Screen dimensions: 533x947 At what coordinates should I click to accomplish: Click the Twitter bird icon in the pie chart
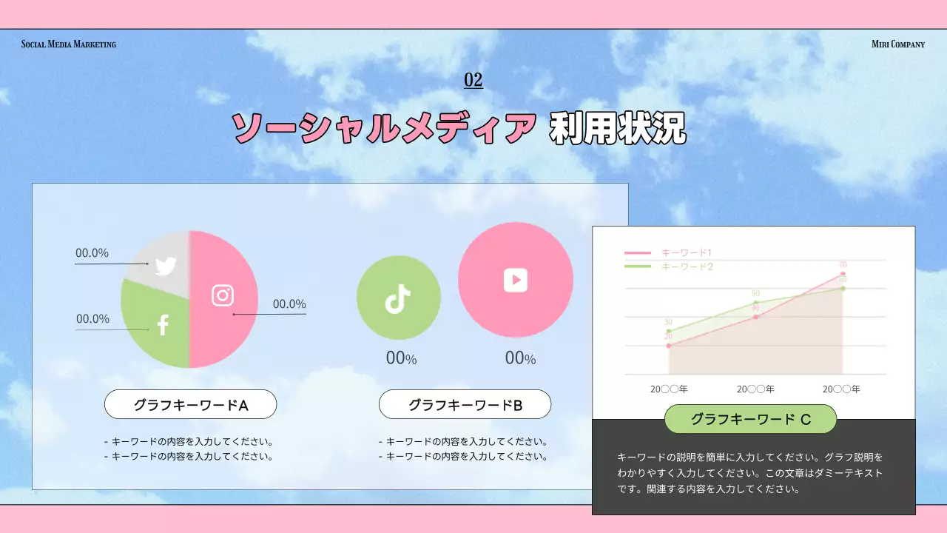point(166,266)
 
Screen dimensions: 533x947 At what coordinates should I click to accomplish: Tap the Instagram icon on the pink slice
point(223,295)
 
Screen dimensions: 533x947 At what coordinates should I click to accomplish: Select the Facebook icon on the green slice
point(163,324)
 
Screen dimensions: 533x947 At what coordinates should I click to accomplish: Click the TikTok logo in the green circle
point(398,298)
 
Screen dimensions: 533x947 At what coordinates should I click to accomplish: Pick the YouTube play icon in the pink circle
point(516,279)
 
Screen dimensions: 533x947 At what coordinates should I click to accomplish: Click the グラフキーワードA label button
point(190,405)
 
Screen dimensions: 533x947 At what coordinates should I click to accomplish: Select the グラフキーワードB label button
point(465,405)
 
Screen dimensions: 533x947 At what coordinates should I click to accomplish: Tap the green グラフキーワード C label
point(750,420)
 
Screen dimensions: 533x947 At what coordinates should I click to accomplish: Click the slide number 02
point(473,80)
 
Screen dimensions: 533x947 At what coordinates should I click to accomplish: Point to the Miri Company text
point(898,44)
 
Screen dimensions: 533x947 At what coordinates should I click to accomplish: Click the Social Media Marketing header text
point(69,44)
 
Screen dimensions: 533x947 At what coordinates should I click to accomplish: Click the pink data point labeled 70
point(843,275)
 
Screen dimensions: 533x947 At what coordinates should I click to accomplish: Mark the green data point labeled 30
point(669,331)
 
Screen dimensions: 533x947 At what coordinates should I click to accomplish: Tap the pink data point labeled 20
point(669,346)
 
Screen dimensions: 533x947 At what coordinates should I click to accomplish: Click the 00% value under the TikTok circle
point(401,358)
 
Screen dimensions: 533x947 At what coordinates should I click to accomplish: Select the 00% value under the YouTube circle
point(520,358)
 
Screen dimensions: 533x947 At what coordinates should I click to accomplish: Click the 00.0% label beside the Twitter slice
point(92,253)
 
